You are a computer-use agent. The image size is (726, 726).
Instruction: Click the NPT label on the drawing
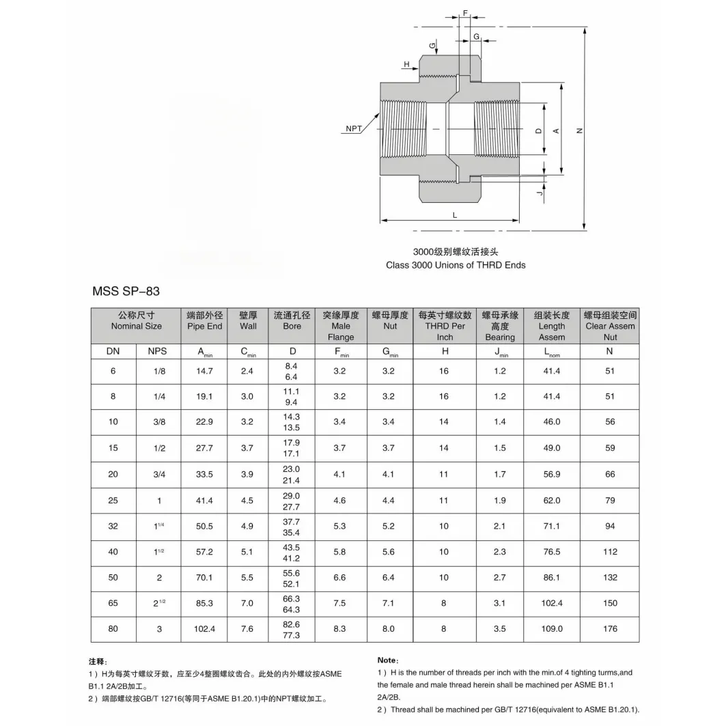tap(354, 128)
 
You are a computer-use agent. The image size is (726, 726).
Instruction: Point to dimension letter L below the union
tap(454, 214)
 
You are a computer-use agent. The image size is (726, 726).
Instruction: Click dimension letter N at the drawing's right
tap(579, 130)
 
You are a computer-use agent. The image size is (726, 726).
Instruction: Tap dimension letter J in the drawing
tap(539, 194)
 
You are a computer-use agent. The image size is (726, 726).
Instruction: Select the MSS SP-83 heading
tap(126, 291)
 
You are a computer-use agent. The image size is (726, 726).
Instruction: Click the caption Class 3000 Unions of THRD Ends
tap(456, 265)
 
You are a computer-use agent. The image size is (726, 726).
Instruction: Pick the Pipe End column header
tap(205, 321)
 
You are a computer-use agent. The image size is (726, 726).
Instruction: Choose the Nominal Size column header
tap(137, 321)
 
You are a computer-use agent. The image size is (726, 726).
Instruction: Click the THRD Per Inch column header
tap(445, 326)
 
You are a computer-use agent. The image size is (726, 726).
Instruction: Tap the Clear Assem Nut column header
tap(610, 326)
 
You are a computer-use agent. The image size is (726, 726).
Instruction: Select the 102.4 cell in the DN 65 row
tap(551, 603)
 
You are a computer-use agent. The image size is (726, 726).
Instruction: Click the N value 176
tap(610, 628)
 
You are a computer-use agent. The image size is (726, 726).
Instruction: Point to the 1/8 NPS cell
tap(159, 371)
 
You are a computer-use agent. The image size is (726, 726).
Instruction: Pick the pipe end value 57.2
tap(205, 552)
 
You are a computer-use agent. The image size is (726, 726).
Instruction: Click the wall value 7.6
tap(247, 628)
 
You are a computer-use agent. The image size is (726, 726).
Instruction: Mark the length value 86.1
tap(551, 577)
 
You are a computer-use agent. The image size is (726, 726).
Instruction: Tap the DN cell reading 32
tap(113, 526)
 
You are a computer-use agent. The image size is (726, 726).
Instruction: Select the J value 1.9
tap(500, 501)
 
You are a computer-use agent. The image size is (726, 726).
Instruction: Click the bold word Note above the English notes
tap(387, 660)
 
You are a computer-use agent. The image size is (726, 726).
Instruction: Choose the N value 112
tap(610, 552)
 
